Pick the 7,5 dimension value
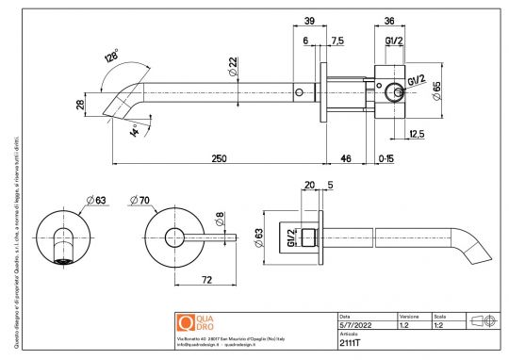click(337, 41)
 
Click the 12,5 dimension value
click(417, 135)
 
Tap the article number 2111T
click(350, 343)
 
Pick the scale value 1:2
click(439, 325)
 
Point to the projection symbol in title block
click(482, 320)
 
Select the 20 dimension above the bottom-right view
click(310, 185)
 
